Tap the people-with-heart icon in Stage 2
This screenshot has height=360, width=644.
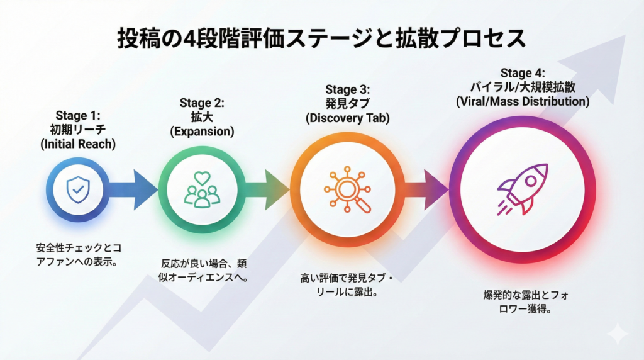[202, 189]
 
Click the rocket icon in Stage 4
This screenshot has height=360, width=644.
[522, 189]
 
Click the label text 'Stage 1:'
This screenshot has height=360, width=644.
[78, 116]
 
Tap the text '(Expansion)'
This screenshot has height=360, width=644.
[202, 132]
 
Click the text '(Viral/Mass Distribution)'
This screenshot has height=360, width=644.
[522, 101]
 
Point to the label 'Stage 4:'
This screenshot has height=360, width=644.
[522, 73]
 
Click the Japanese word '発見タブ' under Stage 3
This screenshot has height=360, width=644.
[348, 104]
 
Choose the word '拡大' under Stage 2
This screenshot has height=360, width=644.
[202, 117]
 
